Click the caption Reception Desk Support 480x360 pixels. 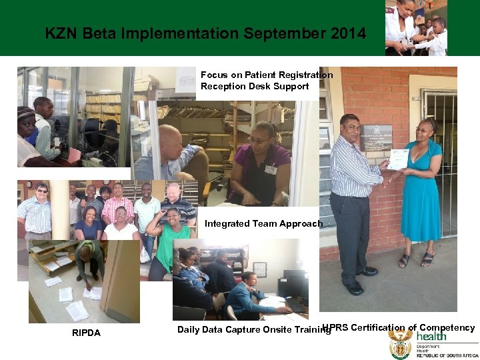tap(254, 86)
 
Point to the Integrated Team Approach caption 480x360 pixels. tap(263, 224)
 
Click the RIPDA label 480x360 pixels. tap(86, 333)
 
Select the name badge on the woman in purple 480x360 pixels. tap(270, 170)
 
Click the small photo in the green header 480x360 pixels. tap(416, 27)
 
